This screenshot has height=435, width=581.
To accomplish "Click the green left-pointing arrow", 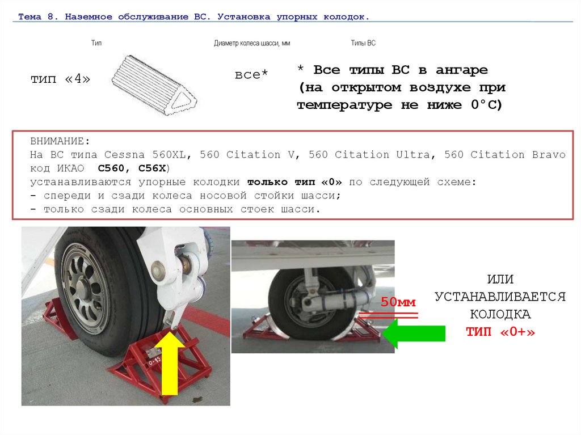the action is click(x=414, y=333).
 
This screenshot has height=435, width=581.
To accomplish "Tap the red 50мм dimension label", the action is click(x=398, y=302).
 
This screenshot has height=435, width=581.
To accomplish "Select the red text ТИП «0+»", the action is click(x=500, y=331).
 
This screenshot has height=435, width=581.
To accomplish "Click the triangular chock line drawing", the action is click(x=154, y=85).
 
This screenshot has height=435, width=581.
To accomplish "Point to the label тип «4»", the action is click(x=60, y=79).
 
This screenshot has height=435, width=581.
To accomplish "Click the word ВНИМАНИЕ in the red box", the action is click(x=57, y=141).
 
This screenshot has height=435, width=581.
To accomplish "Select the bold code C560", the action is click(x=111, y=168).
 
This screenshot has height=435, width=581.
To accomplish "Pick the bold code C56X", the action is click(x=152, y=168).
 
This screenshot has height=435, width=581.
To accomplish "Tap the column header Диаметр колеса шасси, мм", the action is click(x=252, y=43).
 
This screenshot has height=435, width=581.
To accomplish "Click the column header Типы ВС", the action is click(x=363, y=43).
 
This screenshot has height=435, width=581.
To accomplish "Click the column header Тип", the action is click(x=96, y=43).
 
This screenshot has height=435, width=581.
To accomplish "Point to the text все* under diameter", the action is click(x=251, y=74).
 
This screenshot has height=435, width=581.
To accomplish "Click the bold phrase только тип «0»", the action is click(x=294, y=182).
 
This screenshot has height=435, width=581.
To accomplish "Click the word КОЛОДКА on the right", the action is click(x=500, y=314).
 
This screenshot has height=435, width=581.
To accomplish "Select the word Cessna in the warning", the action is click(x=124, y=154).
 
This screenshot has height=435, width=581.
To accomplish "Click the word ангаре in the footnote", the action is click(x=462, y=70).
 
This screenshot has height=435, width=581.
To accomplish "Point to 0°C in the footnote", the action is click(x=486, y=105).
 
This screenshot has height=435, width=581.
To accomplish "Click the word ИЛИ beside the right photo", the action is click(x=500, y=279).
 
